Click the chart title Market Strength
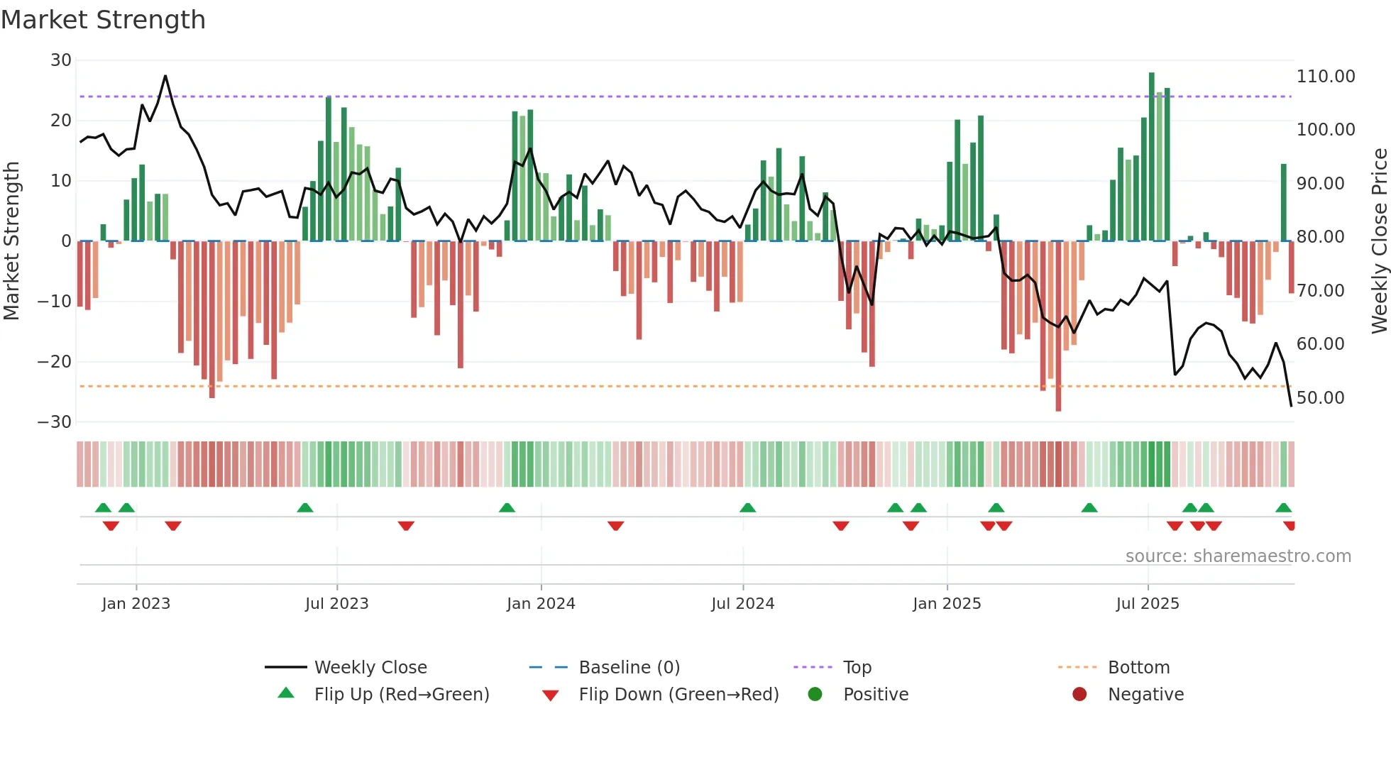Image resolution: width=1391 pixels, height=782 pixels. [x=103, y=20]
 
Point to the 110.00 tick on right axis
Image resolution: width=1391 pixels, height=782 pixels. [x=1325, y=77]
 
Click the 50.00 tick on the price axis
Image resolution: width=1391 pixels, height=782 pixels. [x=1320, y=397]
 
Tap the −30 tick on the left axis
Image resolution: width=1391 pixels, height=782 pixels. [x=54, y=422]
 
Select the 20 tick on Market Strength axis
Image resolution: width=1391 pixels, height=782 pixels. [x=60, y=121]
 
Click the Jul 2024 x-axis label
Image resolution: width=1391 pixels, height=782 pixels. [x=742, y=604]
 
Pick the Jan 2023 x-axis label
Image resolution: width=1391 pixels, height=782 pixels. [x=136, y=604]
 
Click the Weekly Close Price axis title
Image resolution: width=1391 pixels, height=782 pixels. [x=1379, y=241]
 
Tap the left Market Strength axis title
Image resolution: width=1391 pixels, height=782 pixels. [x=12, y=241]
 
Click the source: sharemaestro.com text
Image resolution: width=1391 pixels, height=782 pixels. [x=1238, y=556]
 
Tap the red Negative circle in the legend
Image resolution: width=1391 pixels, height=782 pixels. [x=1079, y=694]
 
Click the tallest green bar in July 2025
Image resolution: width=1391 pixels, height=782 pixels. [x=1152, y=156]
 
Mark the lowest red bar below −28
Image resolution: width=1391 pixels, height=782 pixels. [x=1058, y=326]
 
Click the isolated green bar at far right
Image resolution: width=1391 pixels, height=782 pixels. [x=1284, y=202]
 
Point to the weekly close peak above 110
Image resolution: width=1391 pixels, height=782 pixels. [x=165, y=76]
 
